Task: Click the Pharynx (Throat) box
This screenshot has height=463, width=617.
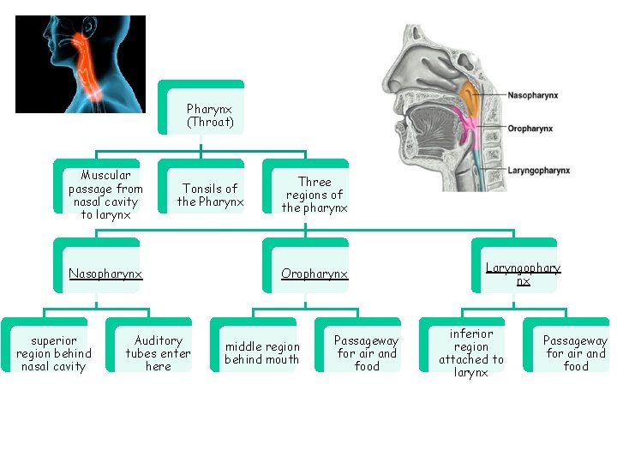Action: [x=210, y=116]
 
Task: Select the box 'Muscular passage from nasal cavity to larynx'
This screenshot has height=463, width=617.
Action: [x=106, y=195]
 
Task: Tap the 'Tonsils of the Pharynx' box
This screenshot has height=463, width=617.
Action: [x=210, y=195]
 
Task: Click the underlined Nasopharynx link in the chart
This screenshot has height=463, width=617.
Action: [x=105, y=274]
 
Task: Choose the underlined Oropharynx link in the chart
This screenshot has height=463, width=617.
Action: [x=314, y=274]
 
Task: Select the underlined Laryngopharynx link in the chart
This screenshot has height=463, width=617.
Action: [x=523, y=274]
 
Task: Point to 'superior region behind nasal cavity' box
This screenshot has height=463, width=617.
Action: [x=53, y=353]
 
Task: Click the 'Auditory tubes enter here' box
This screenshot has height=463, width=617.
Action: [x=159, y=353]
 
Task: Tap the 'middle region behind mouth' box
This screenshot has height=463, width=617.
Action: [x=262, y=353]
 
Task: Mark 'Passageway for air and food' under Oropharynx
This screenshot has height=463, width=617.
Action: [x=367, y=353]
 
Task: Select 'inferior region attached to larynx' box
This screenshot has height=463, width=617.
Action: [x=471, y=352]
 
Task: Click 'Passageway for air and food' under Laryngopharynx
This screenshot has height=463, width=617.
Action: [x=575, y=353]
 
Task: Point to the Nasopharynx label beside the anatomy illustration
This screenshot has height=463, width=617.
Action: [x=533, y=95]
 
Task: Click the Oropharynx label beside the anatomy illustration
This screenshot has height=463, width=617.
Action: [x=530, y=129]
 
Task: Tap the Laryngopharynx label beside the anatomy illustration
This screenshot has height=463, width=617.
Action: [x=538, y=171]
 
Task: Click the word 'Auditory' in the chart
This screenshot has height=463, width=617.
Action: [x=159, y=340]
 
